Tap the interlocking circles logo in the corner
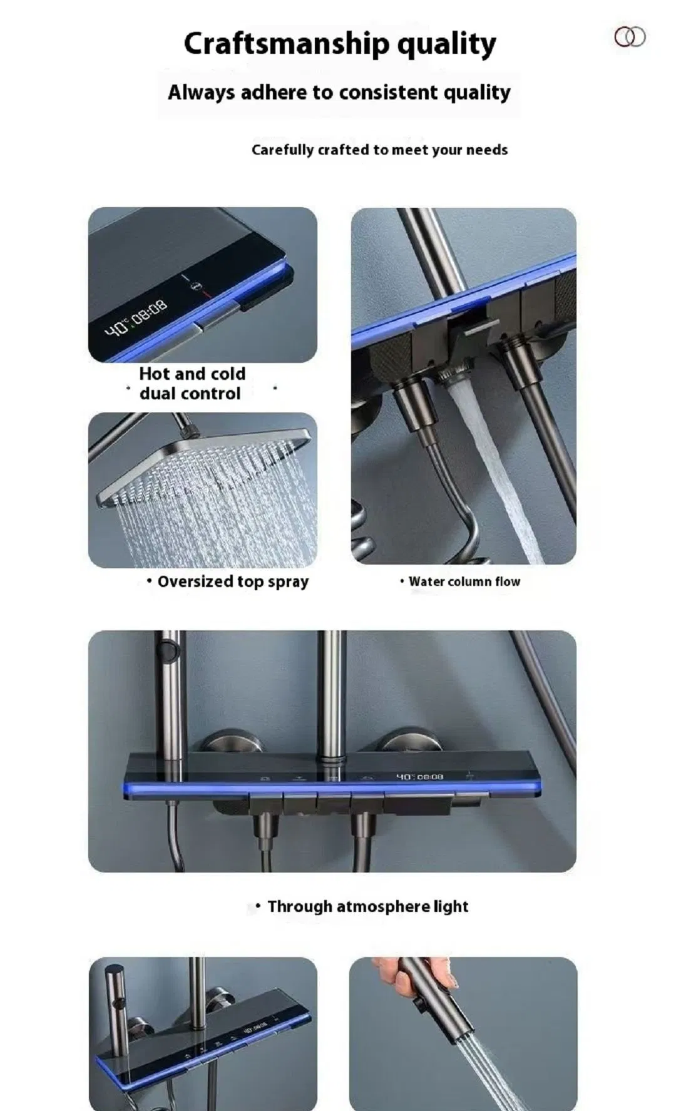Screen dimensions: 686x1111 (x=630, y=37)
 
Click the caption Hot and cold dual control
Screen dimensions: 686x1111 (x=192, y=383)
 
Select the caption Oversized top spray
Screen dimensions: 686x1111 (x=233, y=581)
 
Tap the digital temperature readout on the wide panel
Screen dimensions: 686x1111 (x=420, y=777)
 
